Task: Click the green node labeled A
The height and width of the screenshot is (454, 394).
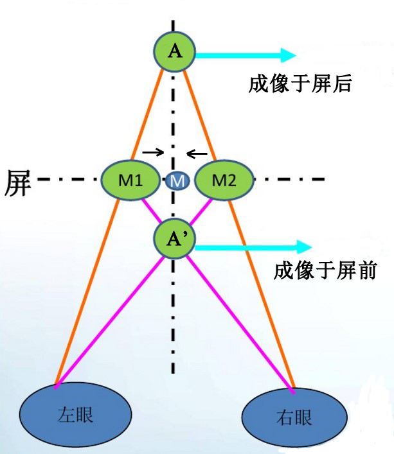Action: coord(174,52)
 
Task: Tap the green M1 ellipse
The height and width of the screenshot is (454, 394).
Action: coord(131,180)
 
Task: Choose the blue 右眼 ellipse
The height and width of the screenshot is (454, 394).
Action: coord(296,418)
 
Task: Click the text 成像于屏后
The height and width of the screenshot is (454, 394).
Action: coord(300,83)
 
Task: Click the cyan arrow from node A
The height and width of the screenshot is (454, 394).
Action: coord(244,55)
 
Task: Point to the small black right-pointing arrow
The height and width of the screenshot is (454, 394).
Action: coord(152,152)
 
